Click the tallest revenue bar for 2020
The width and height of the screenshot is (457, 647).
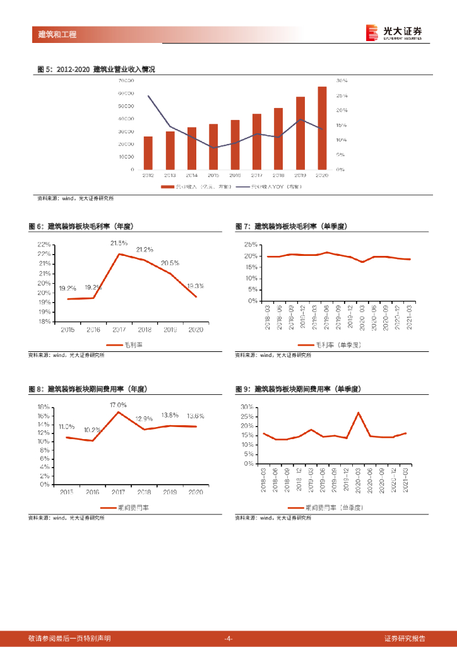click(x=322, y=128)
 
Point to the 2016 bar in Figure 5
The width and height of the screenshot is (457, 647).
click(x=235, y=145)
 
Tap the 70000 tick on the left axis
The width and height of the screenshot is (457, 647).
click(x=126, y=81)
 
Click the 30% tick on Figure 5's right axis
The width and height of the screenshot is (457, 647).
click(x=341, y=81)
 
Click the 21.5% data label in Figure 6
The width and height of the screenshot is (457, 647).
click(x=119, y=243)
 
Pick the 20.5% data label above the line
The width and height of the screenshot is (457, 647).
click(x=170, y=263)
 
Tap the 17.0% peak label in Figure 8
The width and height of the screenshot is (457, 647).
click(x=118, y=404)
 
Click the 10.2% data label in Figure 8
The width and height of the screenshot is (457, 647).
click(x=92, y=430)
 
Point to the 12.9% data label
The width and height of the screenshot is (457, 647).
click(x=144, y=418)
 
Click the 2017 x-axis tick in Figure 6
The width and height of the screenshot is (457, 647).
click(x=119, y=330)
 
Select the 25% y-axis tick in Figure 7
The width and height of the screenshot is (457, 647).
click(x=251, y=245)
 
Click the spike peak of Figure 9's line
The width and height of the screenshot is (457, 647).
click(x=358, y=413)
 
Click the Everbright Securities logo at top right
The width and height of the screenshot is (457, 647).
click(x=395, y=32)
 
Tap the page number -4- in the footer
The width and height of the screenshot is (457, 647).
click(x=228, y=638)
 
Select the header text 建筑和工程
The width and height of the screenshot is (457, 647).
click(x=57, y=35)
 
